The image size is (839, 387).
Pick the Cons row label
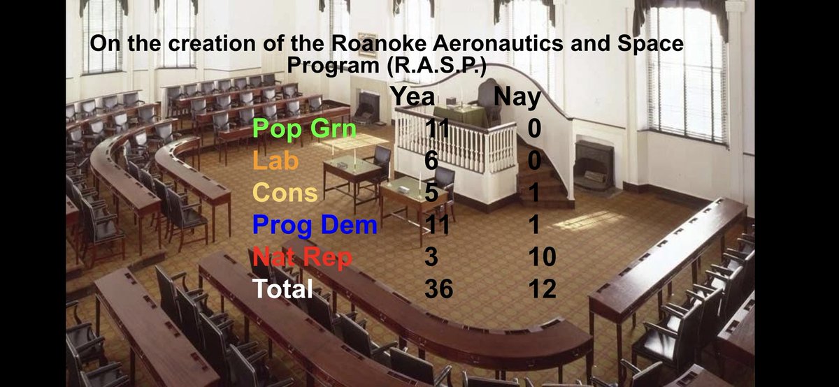coord(285,193)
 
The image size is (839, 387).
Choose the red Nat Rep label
coord(303,258)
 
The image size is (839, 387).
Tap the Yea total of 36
coord(438,289)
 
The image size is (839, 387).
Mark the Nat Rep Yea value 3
coord(431,258)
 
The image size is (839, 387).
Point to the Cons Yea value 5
coord(431,193)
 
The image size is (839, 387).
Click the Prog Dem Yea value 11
coord(438,226)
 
